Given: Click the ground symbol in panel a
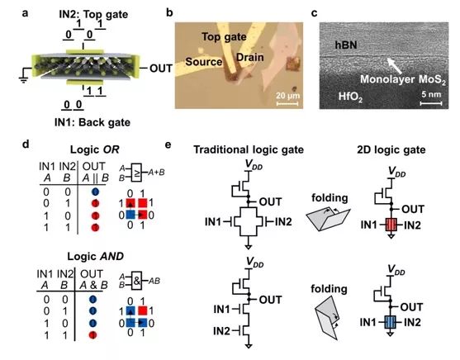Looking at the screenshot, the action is point(23,79).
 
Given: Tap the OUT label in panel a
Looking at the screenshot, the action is point(161,69).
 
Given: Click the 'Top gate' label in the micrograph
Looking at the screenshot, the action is point(224,37).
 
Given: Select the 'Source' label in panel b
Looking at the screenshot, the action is point(204,62).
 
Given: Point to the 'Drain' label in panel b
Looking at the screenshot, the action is point(249,57).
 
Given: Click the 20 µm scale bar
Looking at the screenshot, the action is point(287,103).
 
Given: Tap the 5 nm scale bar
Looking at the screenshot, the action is point(431,103).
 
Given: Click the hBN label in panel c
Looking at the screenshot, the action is point(346,45).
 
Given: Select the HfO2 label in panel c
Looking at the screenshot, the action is point(350,97).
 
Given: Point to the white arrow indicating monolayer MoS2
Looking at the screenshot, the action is point(394,65).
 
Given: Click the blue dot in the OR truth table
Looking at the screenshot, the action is point(95,192).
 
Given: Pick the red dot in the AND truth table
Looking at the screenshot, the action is point(92,334).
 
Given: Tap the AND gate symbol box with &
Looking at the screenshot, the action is point(137,281).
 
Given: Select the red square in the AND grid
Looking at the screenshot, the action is point(143,310).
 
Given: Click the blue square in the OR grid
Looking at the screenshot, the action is point(130,215).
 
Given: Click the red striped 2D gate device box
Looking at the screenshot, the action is point(391,225).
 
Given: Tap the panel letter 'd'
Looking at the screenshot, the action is point(26,144).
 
